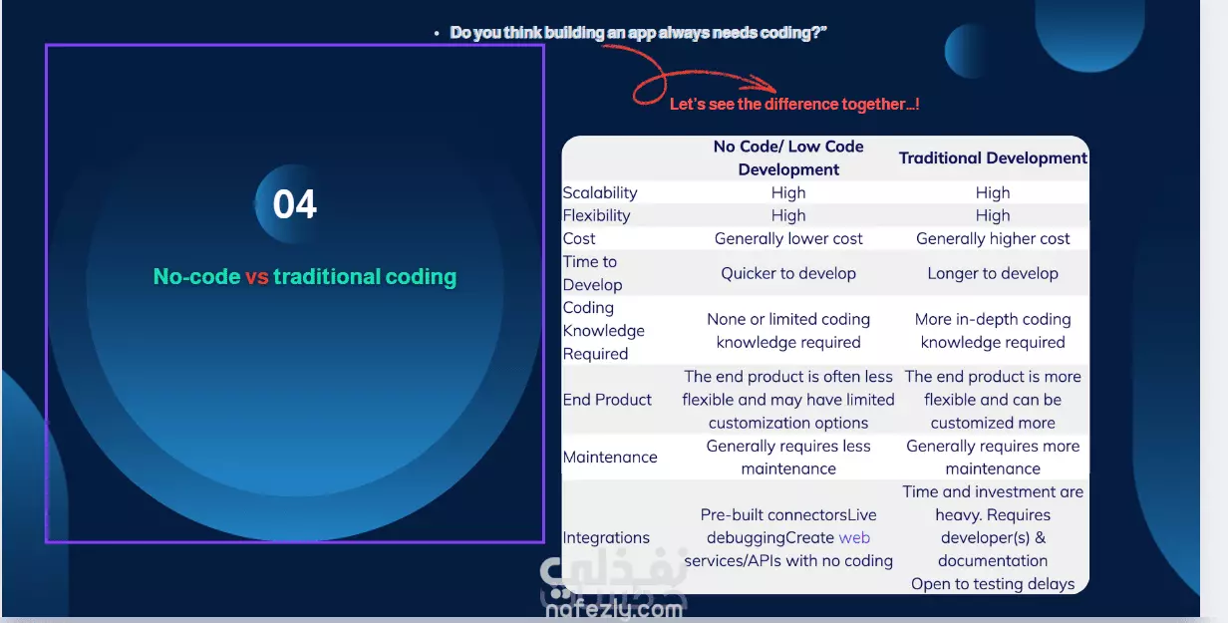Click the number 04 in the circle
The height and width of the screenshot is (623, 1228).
point(295,204)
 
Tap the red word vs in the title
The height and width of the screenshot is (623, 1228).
point(256,277)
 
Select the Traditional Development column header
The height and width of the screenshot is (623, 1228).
point(993,157)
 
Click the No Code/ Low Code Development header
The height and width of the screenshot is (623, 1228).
point(788,157)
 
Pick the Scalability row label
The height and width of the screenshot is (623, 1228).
point(600,193)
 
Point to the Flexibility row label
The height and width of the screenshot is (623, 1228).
point(596,215)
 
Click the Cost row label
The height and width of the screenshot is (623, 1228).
point(579,238)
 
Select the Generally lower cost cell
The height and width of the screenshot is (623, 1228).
point(788,238)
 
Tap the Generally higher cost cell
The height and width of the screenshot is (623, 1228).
point(993,238)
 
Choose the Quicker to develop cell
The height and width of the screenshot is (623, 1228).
point(788,273)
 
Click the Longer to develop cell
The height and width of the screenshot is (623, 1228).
point(993,273)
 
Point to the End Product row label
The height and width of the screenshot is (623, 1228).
point(607,400)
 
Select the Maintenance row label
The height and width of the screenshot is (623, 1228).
point(610,457)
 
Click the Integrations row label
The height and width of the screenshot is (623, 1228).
point(606,537)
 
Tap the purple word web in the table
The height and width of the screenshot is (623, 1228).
point(854,537)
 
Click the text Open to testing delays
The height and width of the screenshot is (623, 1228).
point(993,583)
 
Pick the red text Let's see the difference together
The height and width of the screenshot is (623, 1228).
point(794,105)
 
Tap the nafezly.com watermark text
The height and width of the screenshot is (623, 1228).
point(615,609)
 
